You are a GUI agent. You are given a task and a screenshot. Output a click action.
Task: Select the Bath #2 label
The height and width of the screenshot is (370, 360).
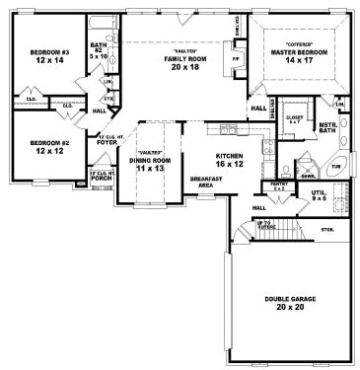[99, 49]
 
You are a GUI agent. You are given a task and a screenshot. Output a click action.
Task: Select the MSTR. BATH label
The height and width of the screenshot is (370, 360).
[328, 128]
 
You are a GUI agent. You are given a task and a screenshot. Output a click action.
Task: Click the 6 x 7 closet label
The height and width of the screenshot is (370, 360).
[293, 119]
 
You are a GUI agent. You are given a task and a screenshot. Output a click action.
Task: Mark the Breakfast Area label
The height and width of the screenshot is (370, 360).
[204, 182]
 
